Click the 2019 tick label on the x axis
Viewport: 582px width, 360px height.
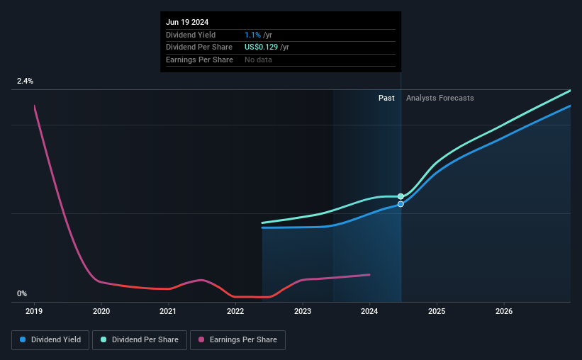point(34,311)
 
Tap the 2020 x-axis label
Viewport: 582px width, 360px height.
point(101,311)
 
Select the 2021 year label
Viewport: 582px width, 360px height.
point(168,311)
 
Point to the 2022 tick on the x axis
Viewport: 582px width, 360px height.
point(235,311)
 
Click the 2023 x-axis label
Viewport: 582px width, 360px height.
point(303,311)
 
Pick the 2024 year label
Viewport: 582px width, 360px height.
point(369,311)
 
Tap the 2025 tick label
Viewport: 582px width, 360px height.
point(437,311)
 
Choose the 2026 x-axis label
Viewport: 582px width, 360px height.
point(504,311)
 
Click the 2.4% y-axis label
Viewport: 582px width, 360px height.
point(26,81)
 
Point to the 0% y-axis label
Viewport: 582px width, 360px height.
point(22,294)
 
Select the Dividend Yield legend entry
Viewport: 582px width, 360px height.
point(50,340)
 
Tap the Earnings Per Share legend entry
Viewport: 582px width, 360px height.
point(237,340)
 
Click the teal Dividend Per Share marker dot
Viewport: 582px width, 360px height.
point(401,196)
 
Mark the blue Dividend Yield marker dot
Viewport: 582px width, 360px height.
point(401,204)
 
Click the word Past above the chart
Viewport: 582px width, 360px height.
point(386,99)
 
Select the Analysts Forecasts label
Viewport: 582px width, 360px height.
point(440,99)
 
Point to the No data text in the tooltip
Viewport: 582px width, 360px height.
point(258,60)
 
